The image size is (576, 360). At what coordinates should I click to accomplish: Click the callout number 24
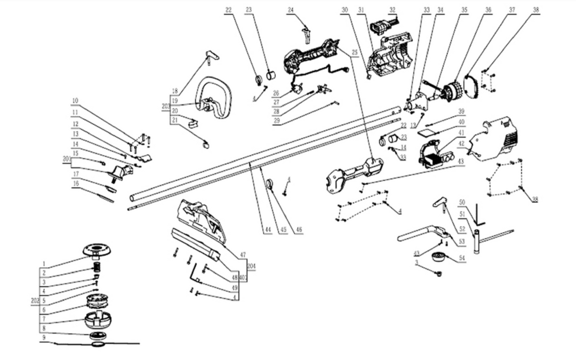point(291,10)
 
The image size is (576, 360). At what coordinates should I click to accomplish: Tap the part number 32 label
point(393,10)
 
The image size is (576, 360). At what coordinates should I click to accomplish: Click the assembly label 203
point(166,106)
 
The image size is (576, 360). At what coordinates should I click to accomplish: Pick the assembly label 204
point(251,265)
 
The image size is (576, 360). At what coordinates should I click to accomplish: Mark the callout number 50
point(462,203)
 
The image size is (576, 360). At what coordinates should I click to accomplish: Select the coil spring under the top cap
point(98,265)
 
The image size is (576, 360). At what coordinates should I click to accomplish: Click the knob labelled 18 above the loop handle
point(212,54)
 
